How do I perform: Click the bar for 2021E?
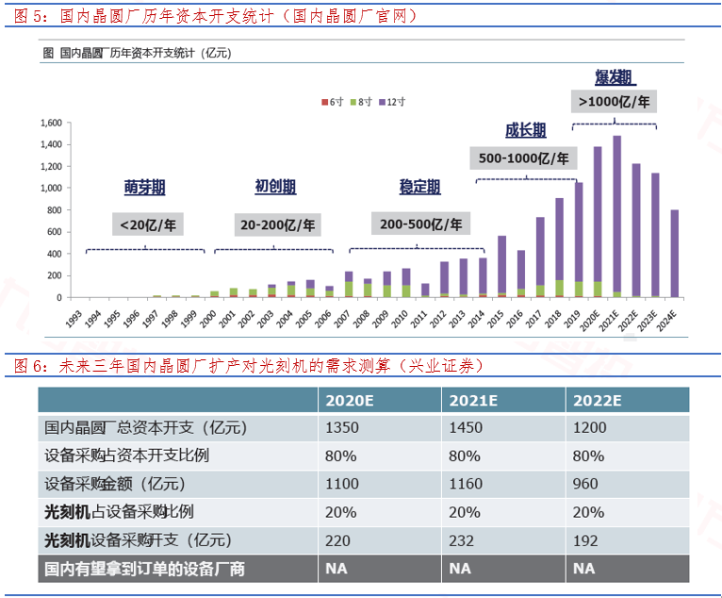[x=616, y=216]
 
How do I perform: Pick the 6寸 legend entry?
[x=331, y=100]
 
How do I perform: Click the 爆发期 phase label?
[x=614, y=75]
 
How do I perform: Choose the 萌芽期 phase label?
[x=144, y=187]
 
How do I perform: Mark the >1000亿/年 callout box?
[x=615, y=100]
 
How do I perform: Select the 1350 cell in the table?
[x=341, y=427]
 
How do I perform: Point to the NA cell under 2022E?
[x=584, y=569]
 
